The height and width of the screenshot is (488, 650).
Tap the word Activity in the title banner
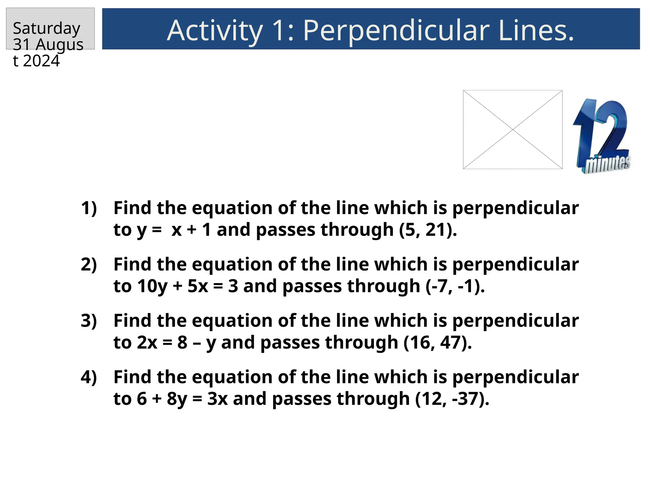tap(215, 30)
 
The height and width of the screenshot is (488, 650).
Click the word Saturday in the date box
tap(47, 29)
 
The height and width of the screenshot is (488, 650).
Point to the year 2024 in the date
tap(41, 61)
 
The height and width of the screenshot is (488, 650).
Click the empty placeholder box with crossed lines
tap(513, 130)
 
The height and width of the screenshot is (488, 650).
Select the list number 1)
tap(89, 208)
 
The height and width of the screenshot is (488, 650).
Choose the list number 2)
tap(89, 264)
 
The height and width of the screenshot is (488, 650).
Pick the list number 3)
tap(89, 321)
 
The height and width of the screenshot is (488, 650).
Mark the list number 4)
tap(89, 377)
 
